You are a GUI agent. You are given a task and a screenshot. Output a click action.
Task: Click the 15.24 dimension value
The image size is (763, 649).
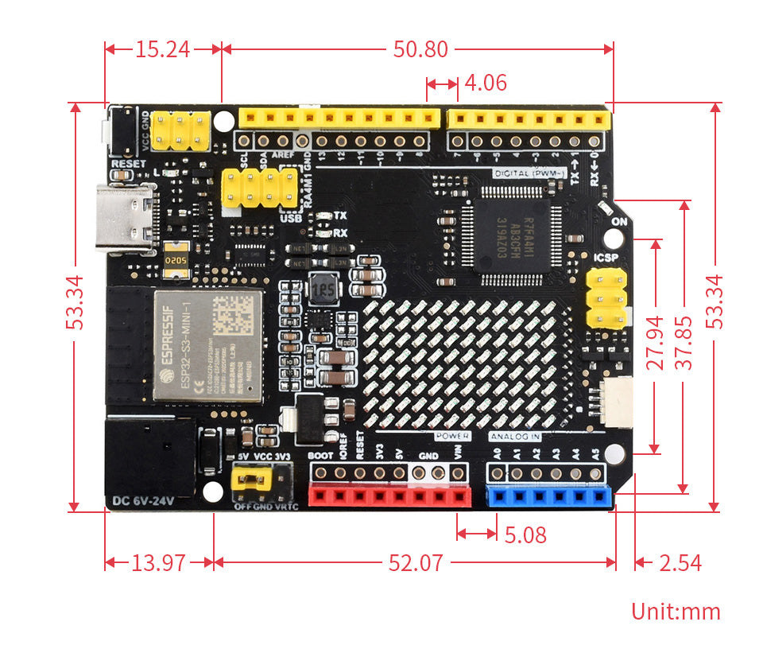click(x=162, y=49)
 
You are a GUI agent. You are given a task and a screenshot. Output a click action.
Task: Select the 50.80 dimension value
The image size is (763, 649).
click(x=420, y=49)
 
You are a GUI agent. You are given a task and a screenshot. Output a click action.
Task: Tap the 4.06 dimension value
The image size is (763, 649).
click(x=485, y=84)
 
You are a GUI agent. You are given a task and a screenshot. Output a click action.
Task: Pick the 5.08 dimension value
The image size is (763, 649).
click(x=525, y=535)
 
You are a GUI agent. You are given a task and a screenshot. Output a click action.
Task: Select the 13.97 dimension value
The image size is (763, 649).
click(x=158, y=564)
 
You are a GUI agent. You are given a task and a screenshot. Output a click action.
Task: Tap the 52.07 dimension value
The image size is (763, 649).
click(x=415, y=564)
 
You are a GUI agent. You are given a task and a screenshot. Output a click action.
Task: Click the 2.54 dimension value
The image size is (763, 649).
click(x=680, y=564)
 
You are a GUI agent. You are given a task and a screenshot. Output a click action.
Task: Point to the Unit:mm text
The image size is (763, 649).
click(x=676, y=612)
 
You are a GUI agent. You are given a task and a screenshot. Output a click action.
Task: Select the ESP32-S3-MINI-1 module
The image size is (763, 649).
click(x=207, y=346)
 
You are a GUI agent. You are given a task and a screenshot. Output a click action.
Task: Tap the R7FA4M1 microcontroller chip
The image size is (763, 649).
click(x=513, y=235)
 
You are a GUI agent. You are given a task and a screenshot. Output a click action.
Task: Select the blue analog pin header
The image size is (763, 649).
click(x=549, y=497)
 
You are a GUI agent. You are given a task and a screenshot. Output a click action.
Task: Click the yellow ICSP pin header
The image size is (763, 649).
click(x=606, y=300)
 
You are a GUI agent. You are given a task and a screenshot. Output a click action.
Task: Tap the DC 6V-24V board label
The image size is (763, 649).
click(x=143, y=501)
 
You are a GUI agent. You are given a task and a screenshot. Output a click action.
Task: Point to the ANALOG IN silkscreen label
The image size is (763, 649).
click(x=515, y=437)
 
